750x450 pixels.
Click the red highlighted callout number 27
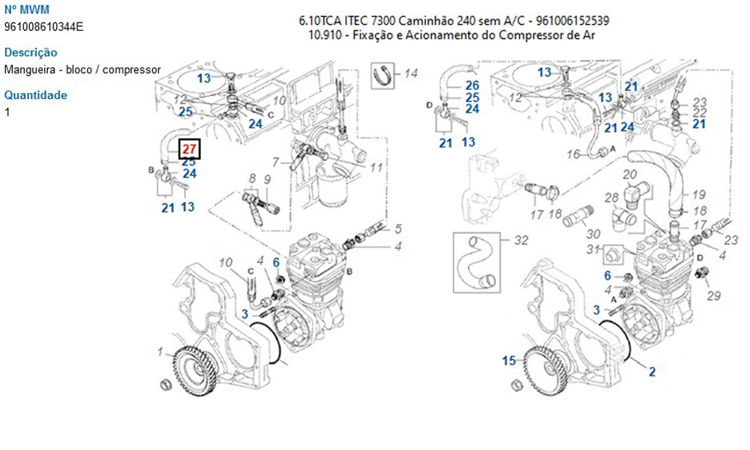point(189,148)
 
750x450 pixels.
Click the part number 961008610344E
point(44,27)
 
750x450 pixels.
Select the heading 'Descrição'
point(31,52)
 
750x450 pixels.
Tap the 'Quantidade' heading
point(36,95)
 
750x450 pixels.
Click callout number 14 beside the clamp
point(410,73)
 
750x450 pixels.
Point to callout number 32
point(521,240)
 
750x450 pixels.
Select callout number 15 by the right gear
point(510,361)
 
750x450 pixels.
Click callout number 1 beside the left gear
point(160,351)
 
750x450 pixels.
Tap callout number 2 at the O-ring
point(652,370)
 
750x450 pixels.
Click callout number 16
point(573,154)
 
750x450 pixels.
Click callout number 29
point(713,295)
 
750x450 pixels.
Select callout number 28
point(612,197)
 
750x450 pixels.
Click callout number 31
point(592,250)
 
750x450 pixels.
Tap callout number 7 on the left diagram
point(275,163)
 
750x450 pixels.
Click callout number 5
point(398,229)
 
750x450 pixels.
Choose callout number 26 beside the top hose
point(472,85)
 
